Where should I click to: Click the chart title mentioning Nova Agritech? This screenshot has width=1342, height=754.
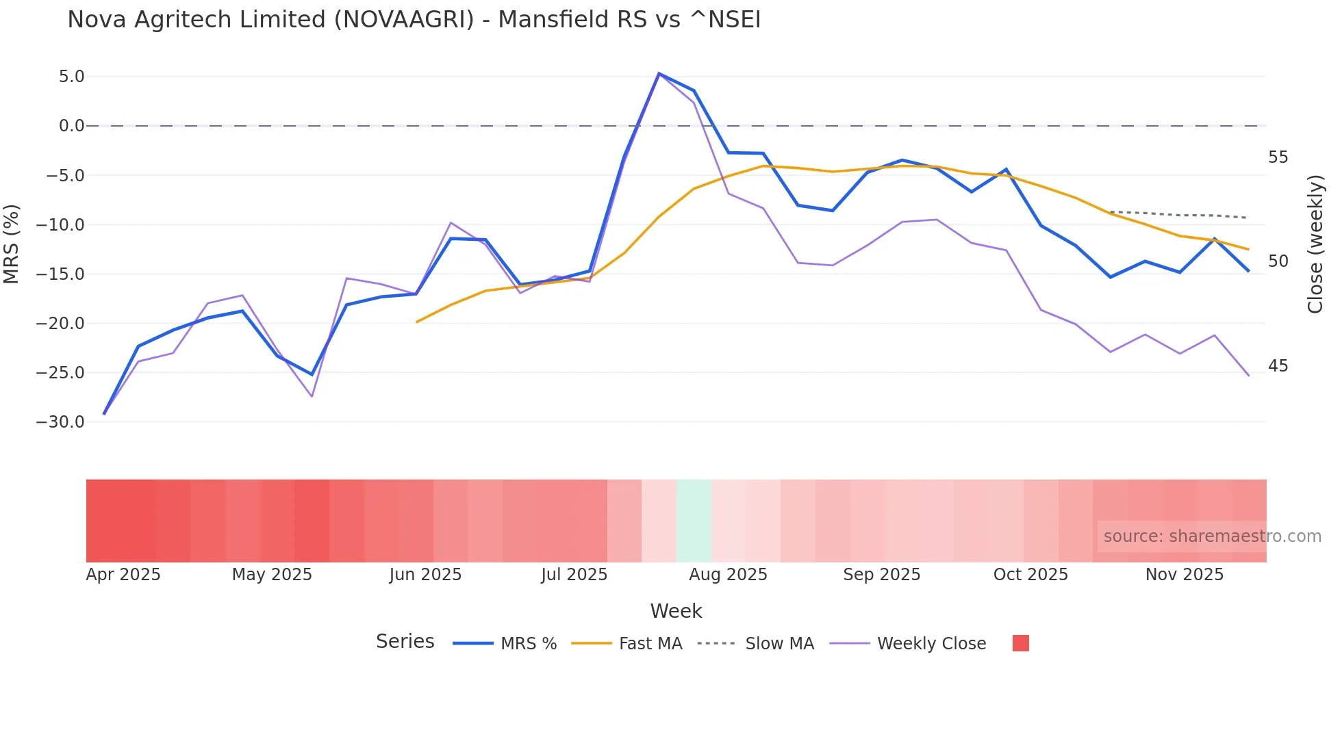point(414,20)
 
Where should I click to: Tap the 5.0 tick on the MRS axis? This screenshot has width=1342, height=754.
point(71,77)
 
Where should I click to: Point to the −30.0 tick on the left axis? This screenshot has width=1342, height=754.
point(60,422)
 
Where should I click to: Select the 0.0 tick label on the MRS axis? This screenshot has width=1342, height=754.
point(71,126)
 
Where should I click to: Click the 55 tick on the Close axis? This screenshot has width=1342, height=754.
point(1278,158)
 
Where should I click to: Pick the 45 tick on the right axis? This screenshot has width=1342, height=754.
point(1278,367)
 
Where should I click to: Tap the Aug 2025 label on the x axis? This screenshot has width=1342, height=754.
point(728,575)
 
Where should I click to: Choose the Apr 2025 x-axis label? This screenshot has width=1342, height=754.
point(123,575)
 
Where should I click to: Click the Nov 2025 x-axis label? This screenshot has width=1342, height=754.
point(1185,575)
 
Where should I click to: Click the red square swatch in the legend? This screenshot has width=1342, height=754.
point(1021,643)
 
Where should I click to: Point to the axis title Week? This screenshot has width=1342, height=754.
point(676,611)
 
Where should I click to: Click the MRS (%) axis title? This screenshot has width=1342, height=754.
point(12,244)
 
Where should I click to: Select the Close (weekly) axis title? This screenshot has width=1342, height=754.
point(1315,244)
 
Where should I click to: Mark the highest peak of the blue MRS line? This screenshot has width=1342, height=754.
point(659,73)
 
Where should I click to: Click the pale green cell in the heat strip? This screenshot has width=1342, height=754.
point(694,521)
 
